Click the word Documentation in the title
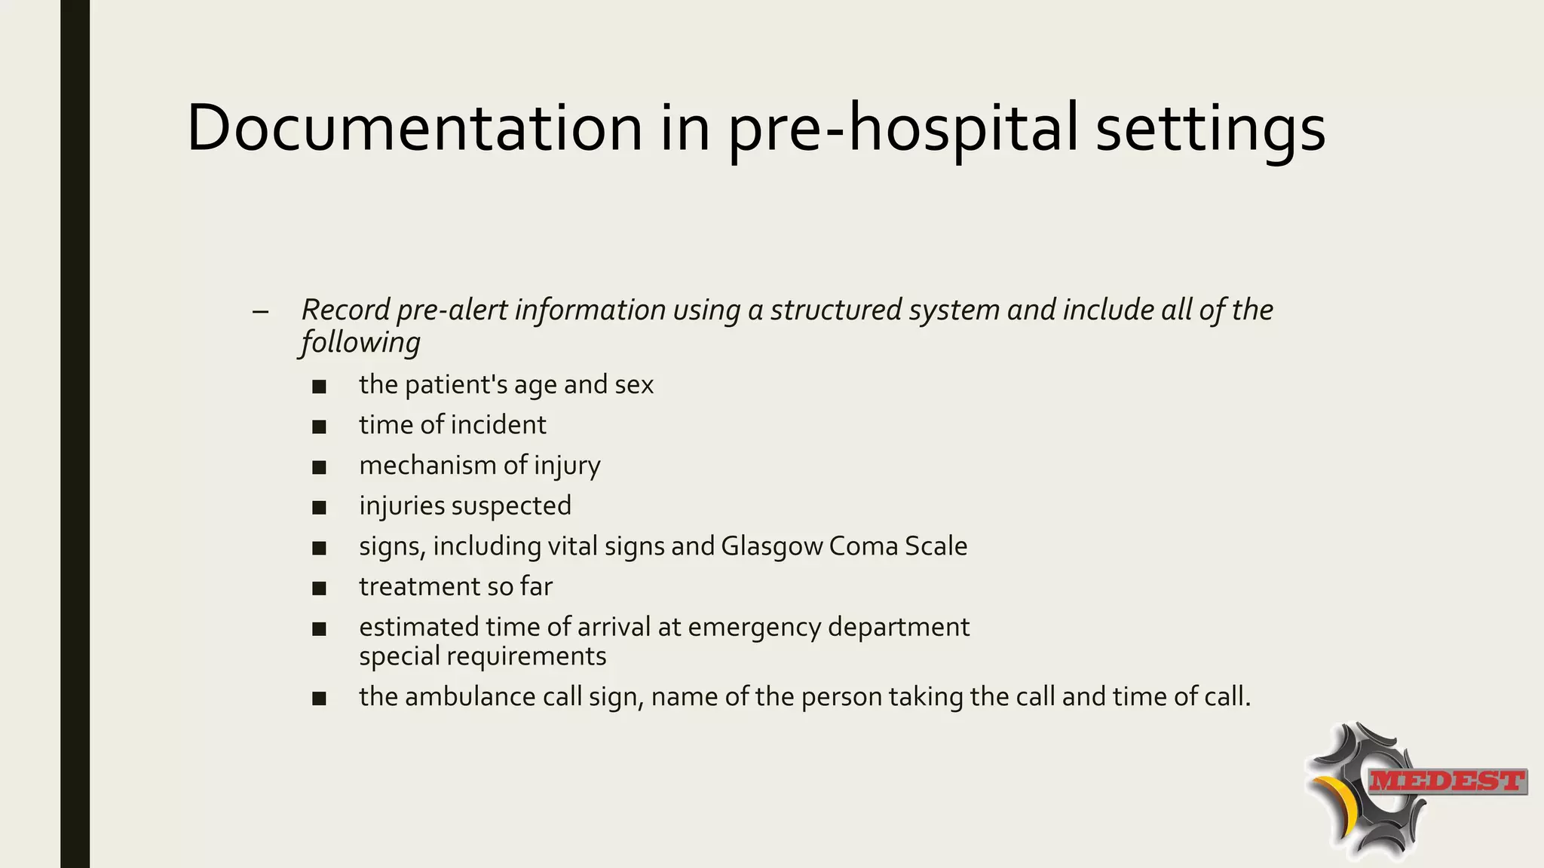pyautogui.click(x=414, y=128)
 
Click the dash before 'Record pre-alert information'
pyautogui.click(x=261, y=311)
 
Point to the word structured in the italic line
pyautogui.click(x=835, y=310)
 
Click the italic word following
pyautogui.click(x=360, y=343)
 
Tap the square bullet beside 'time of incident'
pyautogui.click(x=319, y=427)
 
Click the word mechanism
pyautogui.click(x=427, y=466)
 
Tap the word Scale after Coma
pyautogui.click(x=936, y=546)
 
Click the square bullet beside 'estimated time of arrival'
pyautogui.click(x=319, y=628)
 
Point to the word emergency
pyautogui.click(x=753, y=628)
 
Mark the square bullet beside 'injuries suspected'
pyautogui.click(x=319, y=508)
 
